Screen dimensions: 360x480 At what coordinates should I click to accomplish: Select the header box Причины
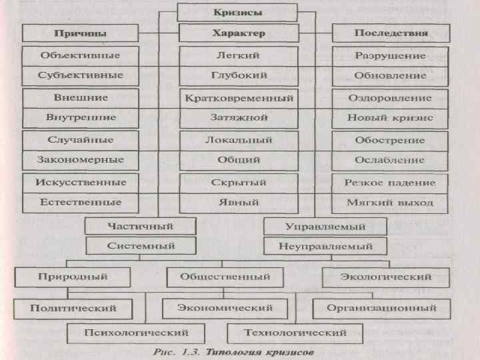click(80, 33)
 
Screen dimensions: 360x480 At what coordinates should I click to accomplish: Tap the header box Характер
click(238, 33)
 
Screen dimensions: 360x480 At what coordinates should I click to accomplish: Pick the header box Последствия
click(390, 33)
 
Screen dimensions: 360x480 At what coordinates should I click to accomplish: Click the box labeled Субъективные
click(80, 75)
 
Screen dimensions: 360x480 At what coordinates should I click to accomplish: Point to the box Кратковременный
click(239, 98)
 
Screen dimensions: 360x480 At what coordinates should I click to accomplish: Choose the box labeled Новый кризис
click(390, 118)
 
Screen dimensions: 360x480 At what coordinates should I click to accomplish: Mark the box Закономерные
click(81, 160)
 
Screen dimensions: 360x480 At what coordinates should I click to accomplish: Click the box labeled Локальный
click(239, 140)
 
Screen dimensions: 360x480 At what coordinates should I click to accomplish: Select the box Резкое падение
click(390, 182)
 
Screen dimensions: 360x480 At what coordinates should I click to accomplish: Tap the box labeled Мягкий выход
click(390, 202)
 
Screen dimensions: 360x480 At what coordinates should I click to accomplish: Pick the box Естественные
click(81, 201)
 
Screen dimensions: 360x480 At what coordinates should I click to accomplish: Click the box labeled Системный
click(141, 246)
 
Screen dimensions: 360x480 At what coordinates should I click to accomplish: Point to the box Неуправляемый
click(325, 246)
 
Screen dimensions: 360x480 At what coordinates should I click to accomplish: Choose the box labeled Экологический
click(386, 276)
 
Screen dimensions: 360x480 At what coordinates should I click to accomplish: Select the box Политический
click(73, 308)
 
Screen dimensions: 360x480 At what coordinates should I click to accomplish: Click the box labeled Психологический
click(135, 332)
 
